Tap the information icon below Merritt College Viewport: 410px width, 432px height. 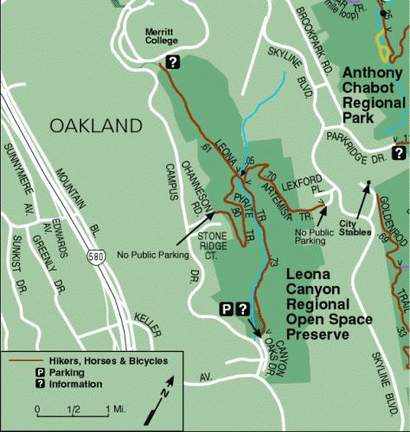172,61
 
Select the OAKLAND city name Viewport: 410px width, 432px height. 95,126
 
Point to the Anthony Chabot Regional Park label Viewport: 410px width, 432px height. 374,96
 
